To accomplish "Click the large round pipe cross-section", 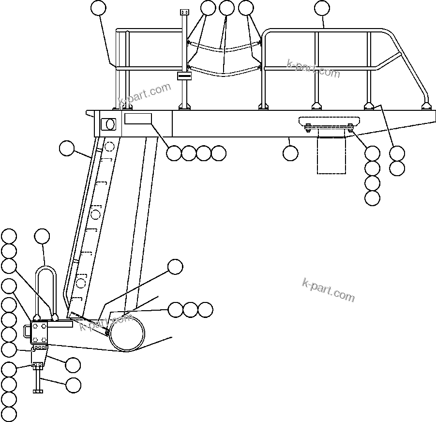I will click(127, 333).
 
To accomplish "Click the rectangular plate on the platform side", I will click(138, 119).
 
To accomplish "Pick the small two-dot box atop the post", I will click(184, 12).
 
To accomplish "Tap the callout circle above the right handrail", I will click(322, 8).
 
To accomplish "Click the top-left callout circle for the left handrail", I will click(99, 8).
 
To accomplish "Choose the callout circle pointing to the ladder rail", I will click(66, 148).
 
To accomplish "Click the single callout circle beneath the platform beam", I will click(290, 153).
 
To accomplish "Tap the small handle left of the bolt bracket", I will click(27, 331).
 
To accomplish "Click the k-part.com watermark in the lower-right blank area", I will click(328, 289).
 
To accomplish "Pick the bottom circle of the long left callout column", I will click(9, 414).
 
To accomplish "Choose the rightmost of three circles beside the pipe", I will click(205, 309).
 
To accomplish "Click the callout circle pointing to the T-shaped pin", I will click(73, 385).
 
